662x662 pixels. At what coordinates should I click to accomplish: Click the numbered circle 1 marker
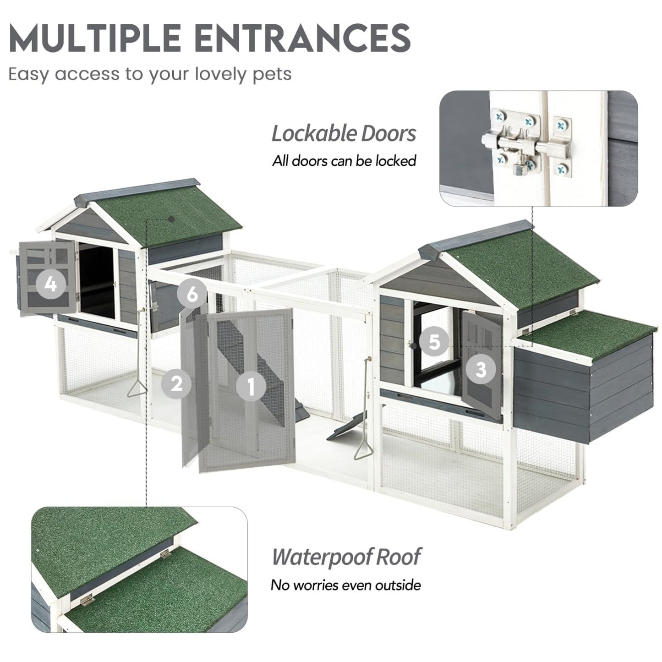[251, 386]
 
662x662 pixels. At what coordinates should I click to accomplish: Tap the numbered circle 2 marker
[176, 383]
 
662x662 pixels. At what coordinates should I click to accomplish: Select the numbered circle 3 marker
[481, 370]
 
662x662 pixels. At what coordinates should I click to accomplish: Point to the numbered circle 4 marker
[51, 284]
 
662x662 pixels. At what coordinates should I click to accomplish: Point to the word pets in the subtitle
[272, 74]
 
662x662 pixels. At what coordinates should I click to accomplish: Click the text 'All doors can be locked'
[344, 161]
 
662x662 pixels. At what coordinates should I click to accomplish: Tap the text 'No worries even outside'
[345, 585]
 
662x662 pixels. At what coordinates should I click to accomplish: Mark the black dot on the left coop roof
[172, 219]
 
